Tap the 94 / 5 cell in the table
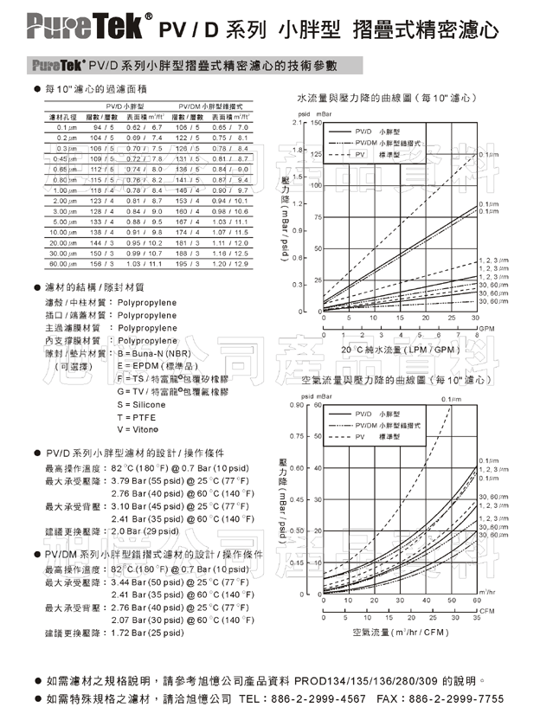coord(102,127)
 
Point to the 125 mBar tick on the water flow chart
coord(317,154)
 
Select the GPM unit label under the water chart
coord(487,328)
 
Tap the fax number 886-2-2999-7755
coord(460,699)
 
